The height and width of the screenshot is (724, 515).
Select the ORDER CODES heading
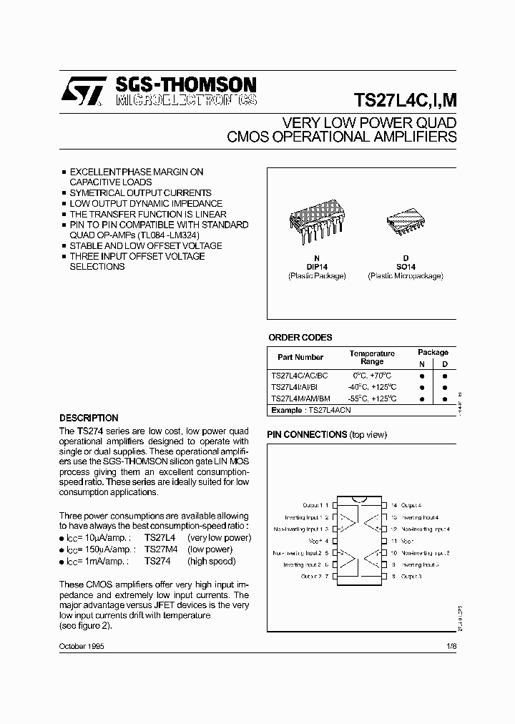300,338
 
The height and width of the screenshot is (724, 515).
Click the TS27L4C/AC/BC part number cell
300,375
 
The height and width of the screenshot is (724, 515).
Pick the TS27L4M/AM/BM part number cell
300,398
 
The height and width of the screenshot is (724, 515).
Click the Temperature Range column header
372,357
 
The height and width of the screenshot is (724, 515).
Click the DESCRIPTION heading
89,418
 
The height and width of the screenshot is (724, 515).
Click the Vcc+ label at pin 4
314,541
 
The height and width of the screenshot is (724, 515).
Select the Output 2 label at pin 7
310,576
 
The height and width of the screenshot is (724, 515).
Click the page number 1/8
451,646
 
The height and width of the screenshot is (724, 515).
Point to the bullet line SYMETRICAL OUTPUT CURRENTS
140,193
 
